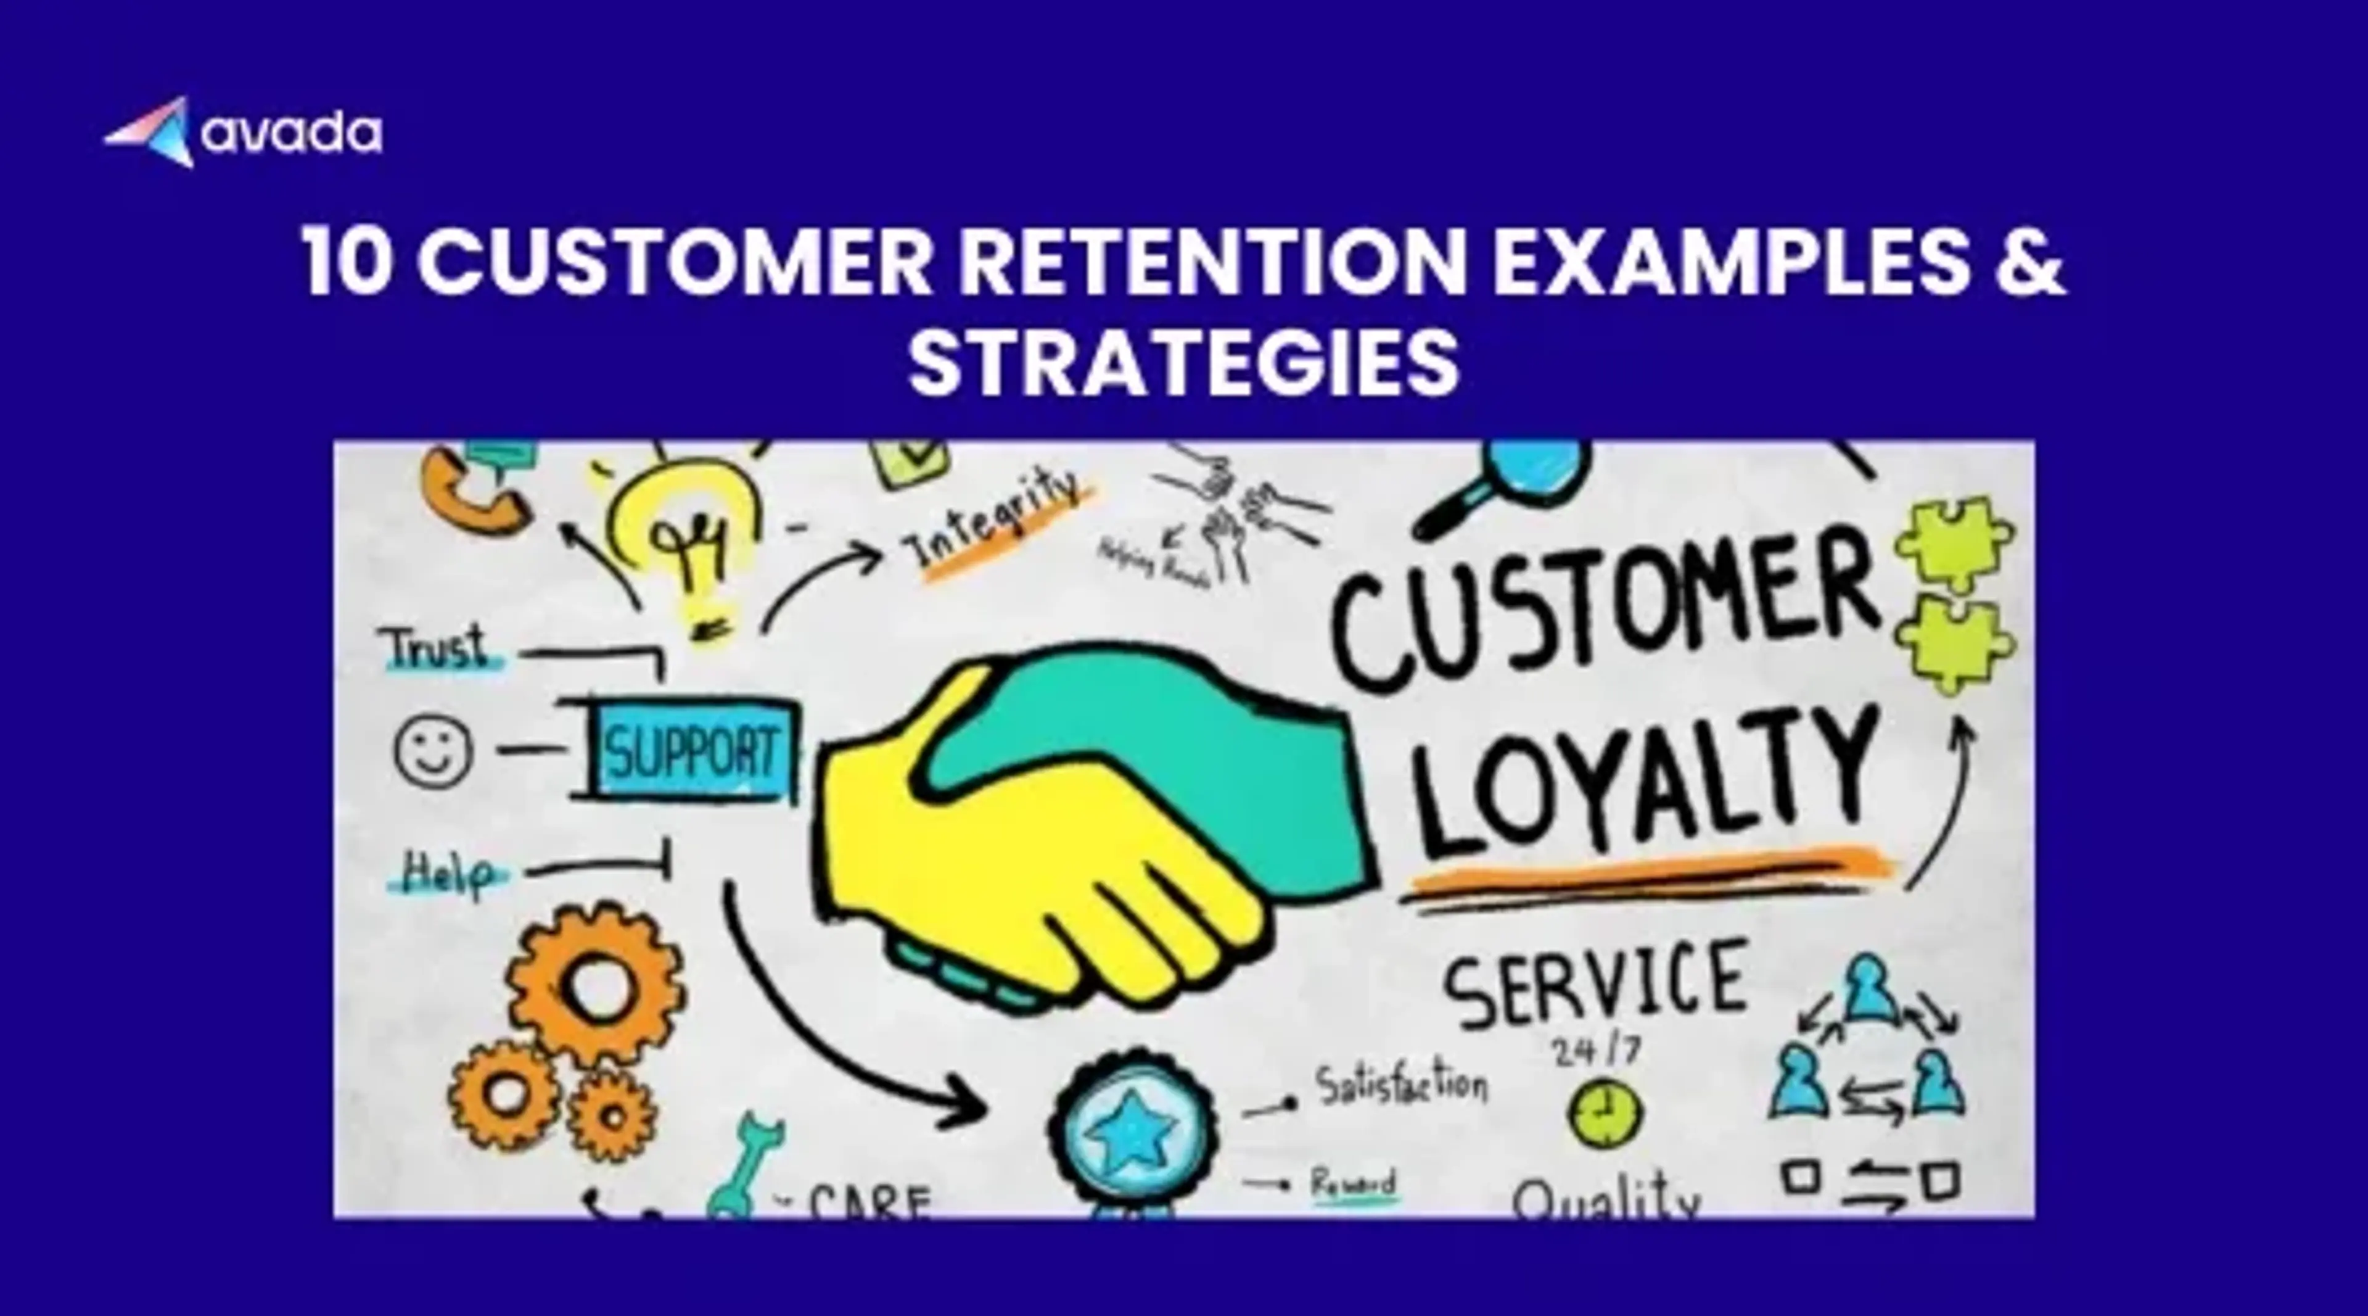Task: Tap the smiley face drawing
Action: click(433, 750)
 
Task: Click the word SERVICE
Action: click(1595, 982)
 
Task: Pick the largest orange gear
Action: click(596, 984)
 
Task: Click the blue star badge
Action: click(1132, 1127)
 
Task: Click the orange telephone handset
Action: click(469, 497)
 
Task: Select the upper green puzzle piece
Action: click(1954, 542)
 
